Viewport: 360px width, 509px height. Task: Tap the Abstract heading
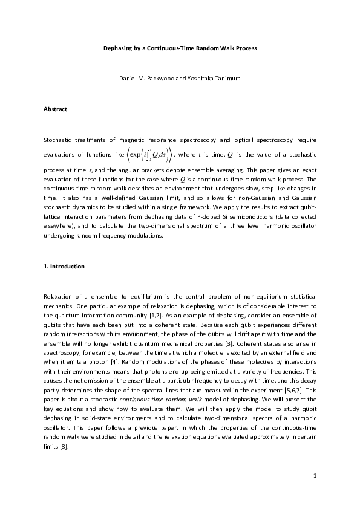click(x=55, y=109)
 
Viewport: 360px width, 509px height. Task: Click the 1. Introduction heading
click(x=64, y=267)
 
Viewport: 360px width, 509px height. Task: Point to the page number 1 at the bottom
click(x=315, y=476)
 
